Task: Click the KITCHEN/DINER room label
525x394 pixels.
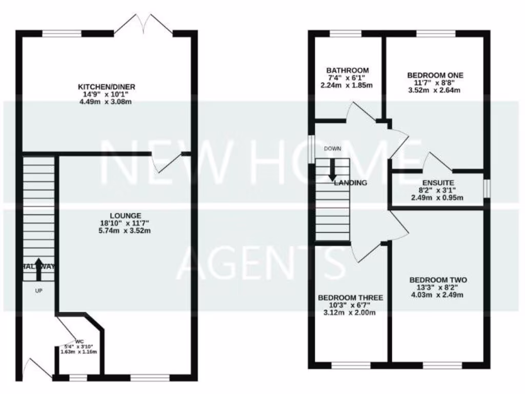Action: click(107, 87)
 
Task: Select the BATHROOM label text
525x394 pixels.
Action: click(348, 70)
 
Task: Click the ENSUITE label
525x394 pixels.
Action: click(437, 182)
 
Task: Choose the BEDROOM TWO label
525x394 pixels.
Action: click(438, 280)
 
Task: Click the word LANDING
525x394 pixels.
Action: click(351, 183)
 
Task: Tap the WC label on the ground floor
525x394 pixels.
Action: click(79, 341)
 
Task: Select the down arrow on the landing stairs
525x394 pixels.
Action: click(332, 170)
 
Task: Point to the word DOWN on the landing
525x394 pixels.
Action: click(332, 149)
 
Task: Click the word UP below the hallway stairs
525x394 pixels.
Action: click(38, 291)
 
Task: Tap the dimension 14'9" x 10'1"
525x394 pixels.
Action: click(107, 94)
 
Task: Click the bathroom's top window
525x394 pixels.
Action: click(345, 34)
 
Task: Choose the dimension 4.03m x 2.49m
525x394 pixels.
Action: click(438, 295)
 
